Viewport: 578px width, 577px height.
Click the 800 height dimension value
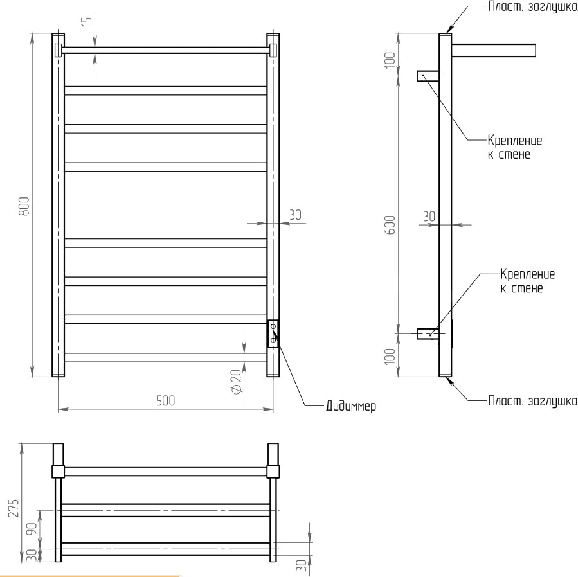pyautogui.click(x=24, y=206)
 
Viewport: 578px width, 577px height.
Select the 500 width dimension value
pyautogui.click(x=165, y=400)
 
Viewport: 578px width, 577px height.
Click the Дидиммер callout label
pyautogui.click(x=350, y=407)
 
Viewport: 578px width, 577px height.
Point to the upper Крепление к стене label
pyautogui.click(x=514, y=148)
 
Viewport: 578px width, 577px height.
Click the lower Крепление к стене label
pyautogui.click(x=527, y=281)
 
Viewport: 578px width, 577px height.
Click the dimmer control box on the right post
pyautogui.click(x=273, y=333)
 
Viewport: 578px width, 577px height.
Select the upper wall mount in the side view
pyautogui.click(x=429, y=76)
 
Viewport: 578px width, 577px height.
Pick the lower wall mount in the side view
pyautogui.click(x=428, y=333)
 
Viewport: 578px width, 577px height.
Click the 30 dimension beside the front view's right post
pyautogui.click(x=295, y=215)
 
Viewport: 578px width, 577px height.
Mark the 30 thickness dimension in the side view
pyautogui.click(x=429, y=217)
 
